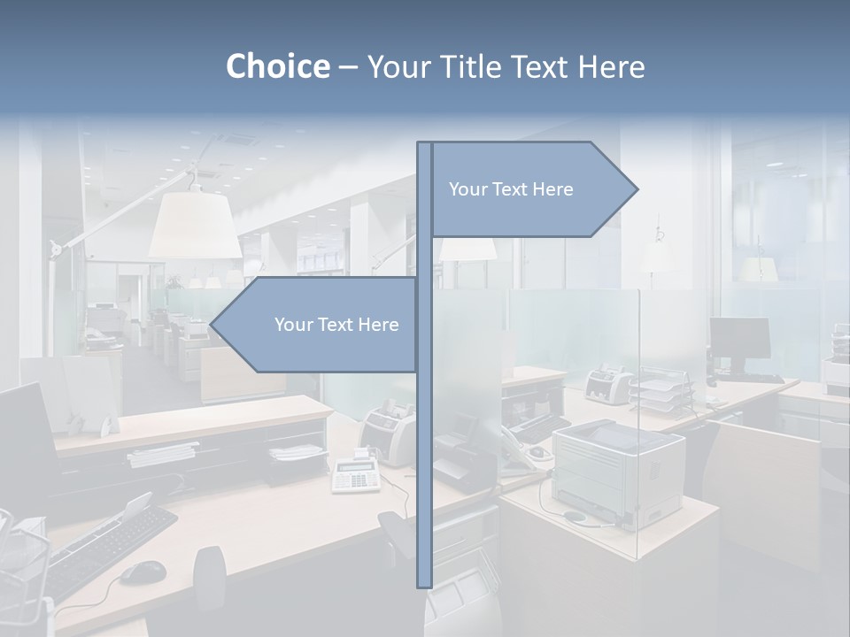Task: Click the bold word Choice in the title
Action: tap(277, 66)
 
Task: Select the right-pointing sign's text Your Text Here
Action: tap(511, 189)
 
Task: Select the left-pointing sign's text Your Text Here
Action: tap(336, 325)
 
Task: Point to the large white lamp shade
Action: tap(195, 226)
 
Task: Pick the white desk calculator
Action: tap(357, 475)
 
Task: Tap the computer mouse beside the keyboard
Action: tap(143, 572)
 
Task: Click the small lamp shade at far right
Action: tap(758, 268)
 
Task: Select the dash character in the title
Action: tap(348, 67)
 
